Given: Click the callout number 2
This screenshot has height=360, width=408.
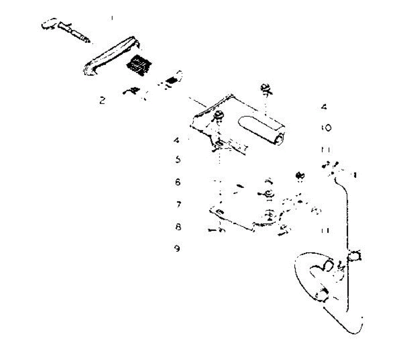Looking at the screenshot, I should pyautogui.click(x=102, y=100).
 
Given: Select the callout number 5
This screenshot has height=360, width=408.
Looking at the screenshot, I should pyautogui.click(x=178, y=160).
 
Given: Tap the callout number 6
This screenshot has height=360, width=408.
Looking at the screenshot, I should pyautogui.click(x=178, y=182).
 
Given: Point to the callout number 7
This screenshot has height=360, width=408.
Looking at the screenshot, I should pyautogui.click(x=178, y=204).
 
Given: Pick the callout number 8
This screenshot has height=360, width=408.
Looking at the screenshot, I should pyautogui.click(x=178, y=227).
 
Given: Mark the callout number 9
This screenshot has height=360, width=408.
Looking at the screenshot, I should pyautogui.click(x=177, y=249).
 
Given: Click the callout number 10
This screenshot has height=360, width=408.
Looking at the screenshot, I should pyautogui.click(x=326, y=128).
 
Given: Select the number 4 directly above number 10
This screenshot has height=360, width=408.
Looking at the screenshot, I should pyautogui.click(x=324, y=107).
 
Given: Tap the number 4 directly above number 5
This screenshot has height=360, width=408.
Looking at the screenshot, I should pyautogui.click(x=176, y=140).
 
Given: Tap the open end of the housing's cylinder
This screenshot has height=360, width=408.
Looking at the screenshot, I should pyautogui.click(x=280, y=140).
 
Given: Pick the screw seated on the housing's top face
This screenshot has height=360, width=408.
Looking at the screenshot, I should pyautogui.click(x=218, y=117).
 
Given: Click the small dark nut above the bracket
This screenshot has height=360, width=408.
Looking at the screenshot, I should pyautogui.click(x=300, y=176).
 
